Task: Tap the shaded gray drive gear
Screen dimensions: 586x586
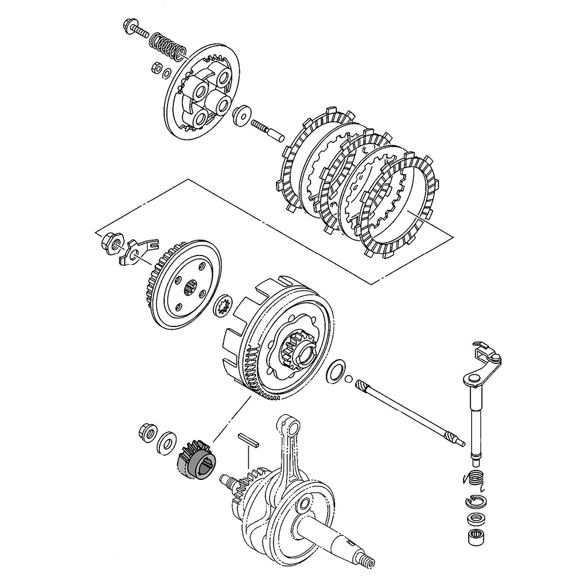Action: click(196, 460)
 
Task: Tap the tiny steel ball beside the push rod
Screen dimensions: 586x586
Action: click(349, 379)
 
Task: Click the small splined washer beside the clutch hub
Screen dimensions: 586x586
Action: click(223, 306)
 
